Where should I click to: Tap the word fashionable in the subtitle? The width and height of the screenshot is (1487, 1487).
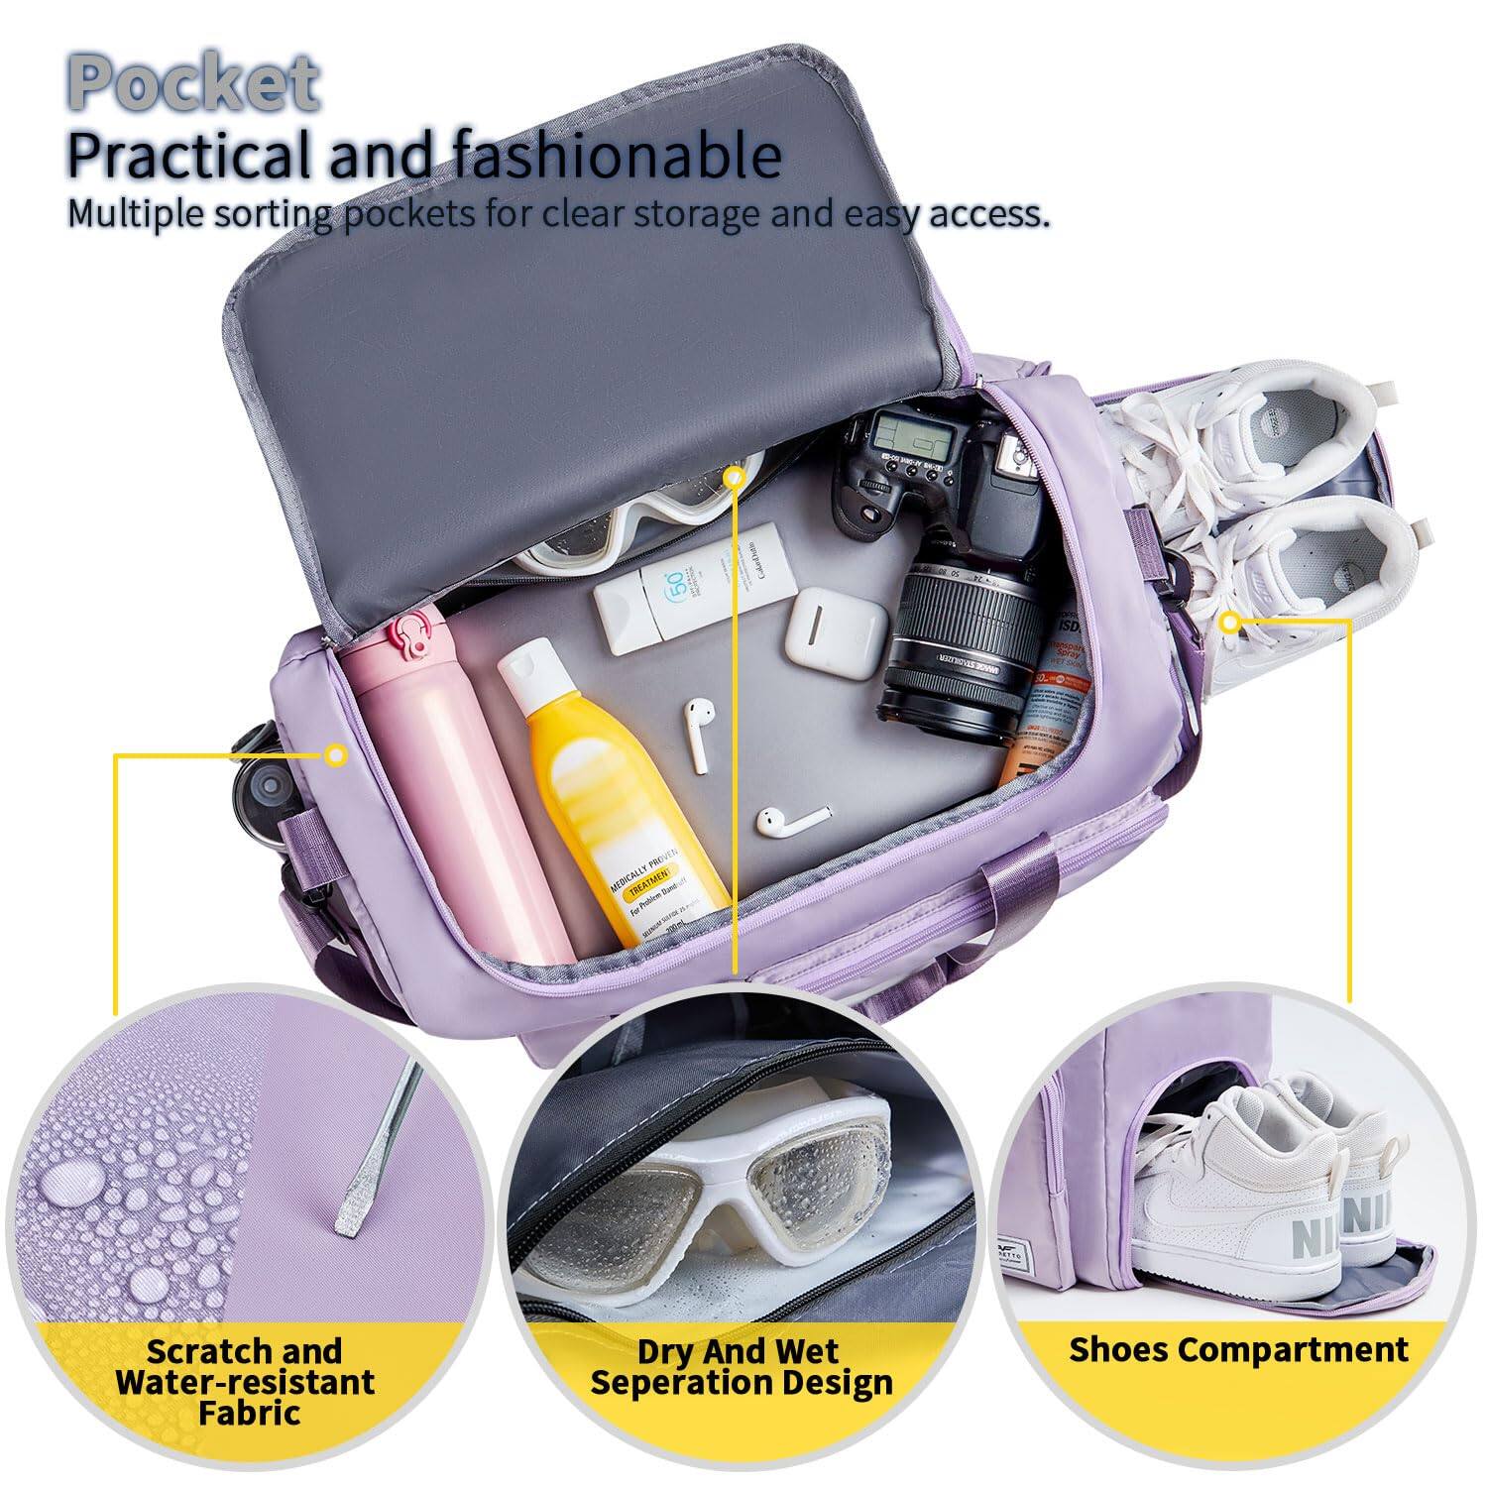click(616, 156)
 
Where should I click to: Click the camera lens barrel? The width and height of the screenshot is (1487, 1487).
click(957, 634)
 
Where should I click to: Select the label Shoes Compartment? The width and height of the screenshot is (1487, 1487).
click(1238, 1349)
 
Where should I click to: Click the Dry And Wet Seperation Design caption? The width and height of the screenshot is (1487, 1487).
click(741, 1366)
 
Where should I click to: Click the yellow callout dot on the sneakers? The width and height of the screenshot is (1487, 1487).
click(1230, 623)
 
